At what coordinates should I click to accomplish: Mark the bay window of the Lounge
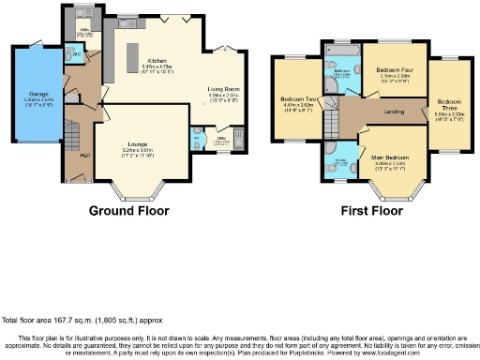coord(132,194)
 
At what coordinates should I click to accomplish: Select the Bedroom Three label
coord(450,103)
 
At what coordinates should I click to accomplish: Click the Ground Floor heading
coord(129,212)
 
